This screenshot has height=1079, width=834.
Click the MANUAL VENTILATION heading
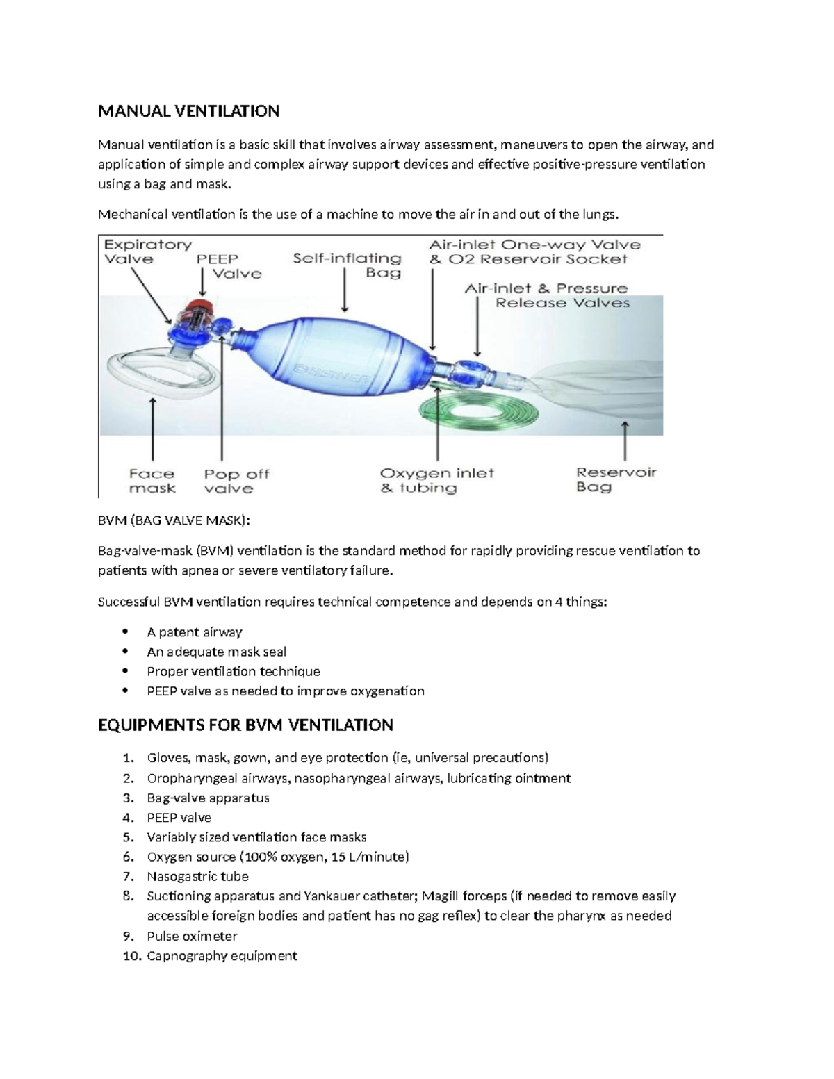click(188, 111)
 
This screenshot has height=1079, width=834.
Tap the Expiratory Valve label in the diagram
click(147, 252)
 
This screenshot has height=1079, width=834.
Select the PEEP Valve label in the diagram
click(228, 266)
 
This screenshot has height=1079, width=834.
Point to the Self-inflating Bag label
click(347, 265)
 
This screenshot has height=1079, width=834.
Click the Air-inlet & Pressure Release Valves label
click(547, 295)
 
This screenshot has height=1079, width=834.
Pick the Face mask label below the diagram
click(152, 481)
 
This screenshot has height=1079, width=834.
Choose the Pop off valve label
click(236, 481)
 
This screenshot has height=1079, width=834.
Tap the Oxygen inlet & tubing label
click(436, 480)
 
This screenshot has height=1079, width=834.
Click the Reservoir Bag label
click(616, 479)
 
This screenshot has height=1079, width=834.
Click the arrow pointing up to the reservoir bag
click(625, 440)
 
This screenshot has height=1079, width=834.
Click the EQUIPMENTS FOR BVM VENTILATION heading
click(245, 725)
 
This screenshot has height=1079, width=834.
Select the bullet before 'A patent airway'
click(125, 632)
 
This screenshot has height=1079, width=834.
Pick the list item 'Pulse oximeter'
click(192, 936)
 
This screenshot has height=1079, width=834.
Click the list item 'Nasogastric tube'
click(197, 876)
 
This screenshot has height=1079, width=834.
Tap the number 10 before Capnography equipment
click(131, 956)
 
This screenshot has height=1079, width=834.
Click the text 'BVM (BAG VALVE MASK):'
click(173, 521)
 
